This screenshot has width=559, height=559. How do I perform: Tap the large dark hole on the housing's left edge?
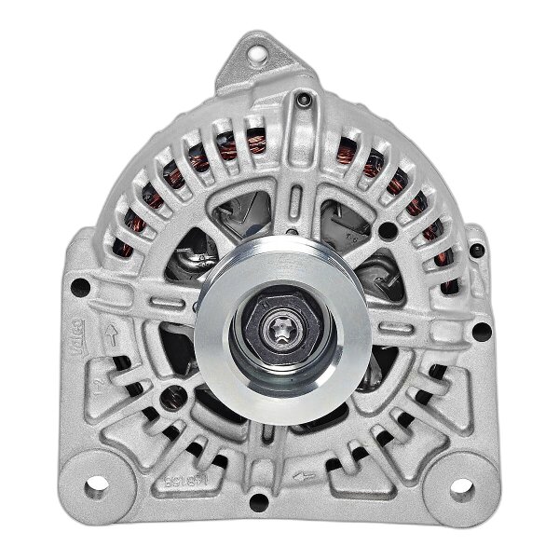pyautogui.click(x=82, y=287)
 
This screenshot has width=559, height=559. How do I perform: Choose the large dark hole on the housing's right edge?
pyautogui.click(x=479, y=331)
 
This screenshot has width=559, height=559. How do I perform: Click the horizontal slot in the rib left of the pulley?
pyautogui.click(x=168, y=306)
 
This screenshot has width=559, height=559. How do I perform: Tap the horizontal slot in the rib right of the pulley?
pyautogui.click(x=391, y=343)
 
